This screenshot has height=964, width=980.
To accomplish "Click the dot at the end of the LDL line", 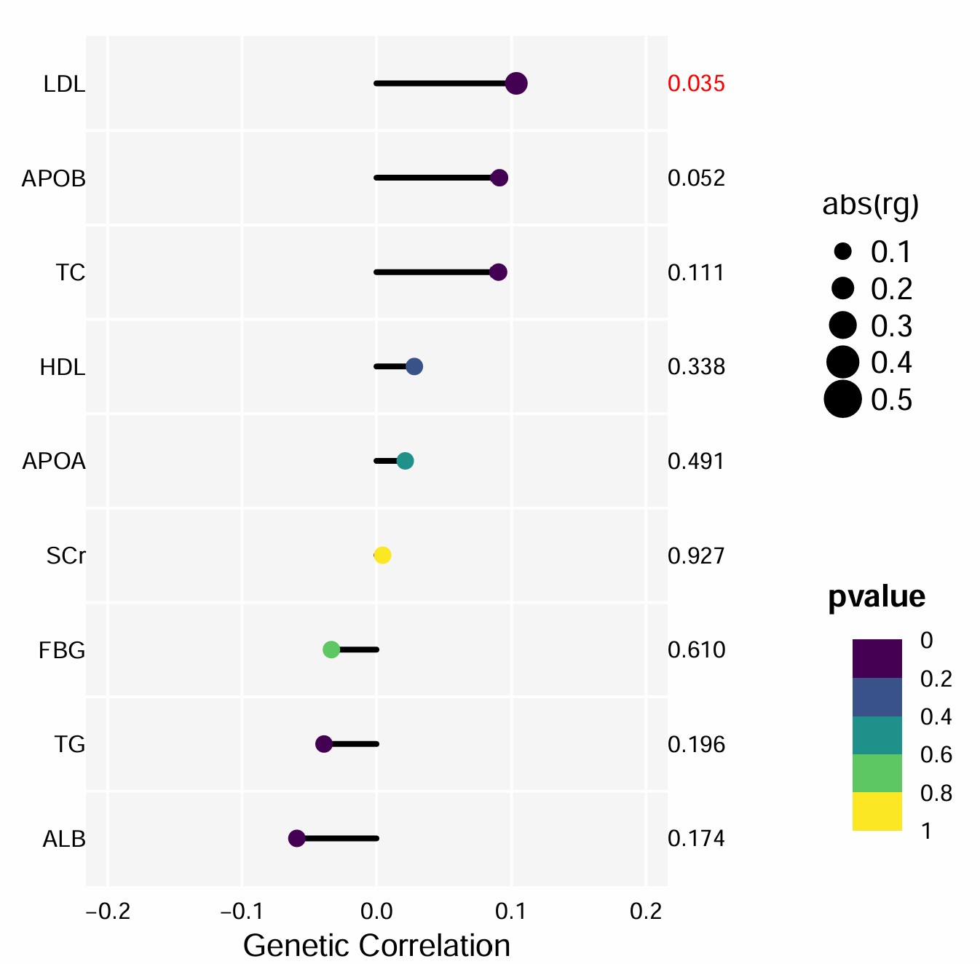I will (516, 84).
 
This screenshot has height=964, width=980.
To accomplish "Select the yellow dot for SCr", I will (382, 556).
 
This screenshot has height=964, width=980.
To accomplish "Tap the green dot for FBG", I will (331, 649).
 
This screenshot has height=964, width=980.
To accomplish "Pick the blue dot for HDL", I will (414, 366).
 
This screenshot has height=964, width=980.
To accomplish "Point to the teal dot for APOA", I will (406, 461).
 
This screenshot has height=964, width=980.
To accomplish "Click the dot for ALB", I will (296, 839).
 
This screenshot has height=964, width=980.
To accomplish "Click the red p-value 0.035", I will (696, 84).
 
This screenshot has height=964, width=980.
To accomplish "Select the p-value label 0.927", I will (696, 556).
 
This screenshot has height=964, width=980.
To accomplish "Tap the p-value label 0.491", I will (696, 461).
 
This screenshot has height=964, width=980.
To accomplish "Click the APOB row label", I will (54, 178).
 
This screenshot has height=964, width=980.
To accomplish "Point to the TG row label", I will (70, 744).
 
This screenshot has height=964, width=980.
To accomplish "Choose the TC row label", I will (71, 272).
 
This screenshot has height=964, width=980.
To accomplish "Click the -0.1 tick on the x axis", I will (242, 911).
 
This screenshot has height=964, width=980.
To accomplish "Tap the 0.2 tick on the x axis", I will (646, 911).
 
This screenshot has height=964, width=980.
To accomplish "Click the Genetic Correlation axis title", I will (376, 946).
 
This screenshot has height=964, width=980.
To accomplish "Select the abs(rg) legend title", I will (870, 205).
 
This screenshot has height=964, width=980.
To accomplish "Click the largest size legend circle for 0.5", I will (842, 399).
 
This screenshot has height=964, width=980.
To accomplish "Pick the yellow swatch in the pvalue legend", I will (877, 811).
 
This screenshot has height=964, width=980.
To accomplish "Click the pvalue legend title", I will (877, 596).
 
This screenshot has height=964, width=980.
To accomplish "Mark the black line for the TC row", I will (433, 272).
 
